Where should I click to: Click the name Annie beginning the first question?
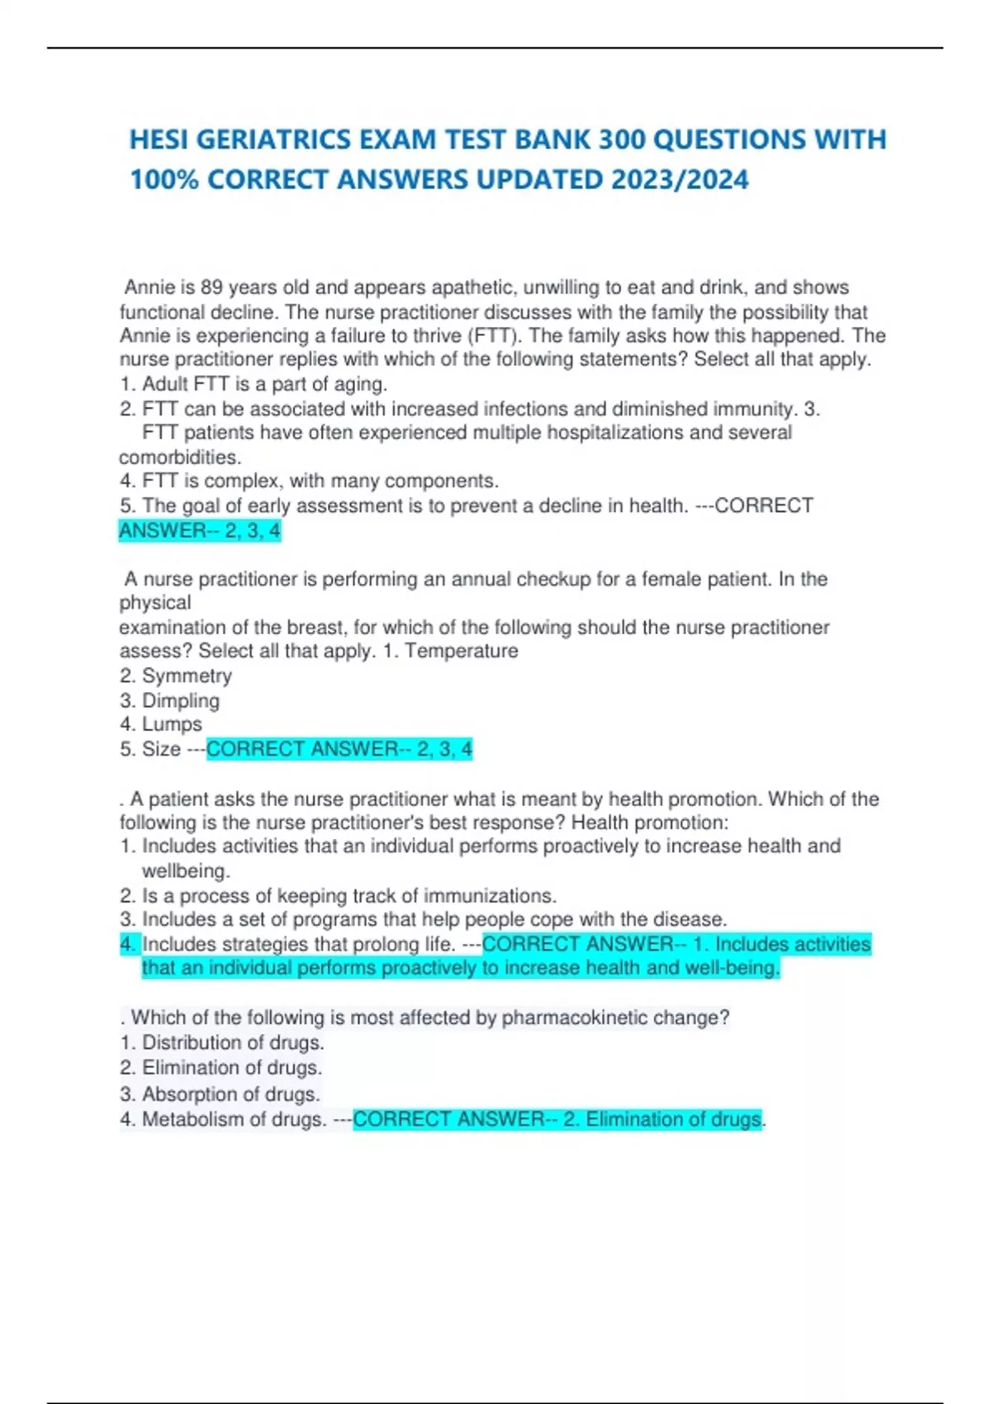[149, 287]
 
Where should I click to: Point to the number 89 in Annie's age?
[211, 287]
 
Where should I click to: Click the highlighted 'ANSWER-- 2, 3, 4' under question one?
[200, 530]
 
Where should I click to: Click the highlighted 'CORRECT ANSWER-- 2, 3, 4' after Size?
[339, 749]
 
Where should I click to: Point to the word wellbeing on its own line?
[186, 870]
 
